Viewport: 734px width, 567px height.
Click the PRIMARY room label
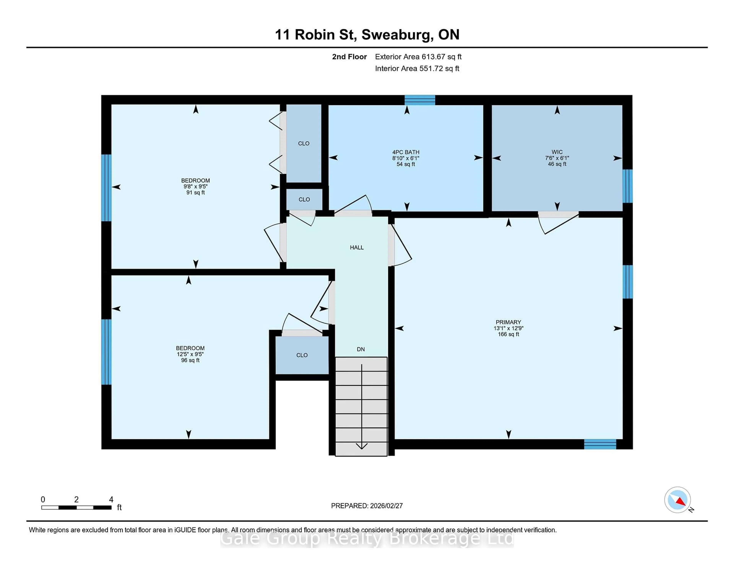(508, 322)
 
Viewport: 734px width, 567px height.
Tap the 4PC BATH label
(406, 152)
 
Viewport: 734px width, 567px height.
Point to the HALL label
(356, 248)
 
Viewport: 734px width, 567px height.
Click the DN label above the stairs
(361, 349)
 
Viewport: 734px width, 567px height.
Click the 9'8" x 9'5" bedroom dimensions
(195, 186)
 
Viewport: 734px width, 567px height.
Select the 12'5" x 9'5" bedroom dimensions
(190, 354)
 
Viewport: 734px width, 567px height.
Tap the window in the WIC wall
(627, 186)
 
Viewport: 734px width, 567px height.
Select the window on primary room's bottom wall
(600, 444)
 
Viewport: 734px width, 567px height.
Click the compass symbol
(677, 500)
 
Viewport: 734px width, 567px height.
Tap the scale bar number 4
(111, 500)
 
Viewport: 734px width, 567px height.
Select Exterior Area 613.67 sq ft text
(418, 57)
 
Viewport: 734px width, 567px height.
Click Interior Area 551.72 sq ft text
(417, 69)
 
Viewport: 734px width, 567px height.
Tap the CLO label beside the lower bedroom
(302, 355)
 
